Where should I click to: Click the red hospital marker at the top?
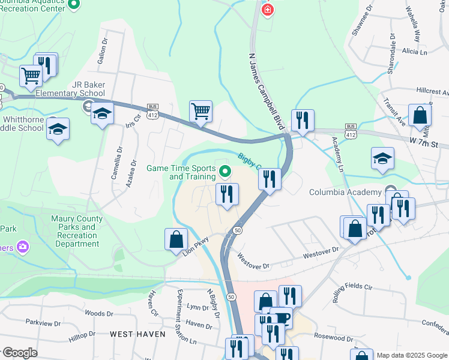tap(267, 10)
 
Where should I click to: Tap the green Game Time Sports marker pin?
tap(226, 172)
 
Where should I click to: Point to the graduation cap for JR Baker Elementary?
tap(103, 113)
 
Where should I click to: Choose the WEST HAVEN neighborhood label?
tap(137, 334)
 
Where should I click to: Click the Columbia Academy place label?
tap(345, 192)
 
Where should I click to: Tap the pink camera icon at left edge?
tap(23, 247)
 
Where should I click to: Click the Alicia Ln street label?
tap(414, 52)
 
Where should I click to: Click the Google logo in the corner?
tap(19, 353)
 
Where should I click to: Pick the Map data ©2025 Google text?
tap(411, 355)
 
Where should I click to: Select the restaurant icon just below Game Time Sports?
tap(227, 194)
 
